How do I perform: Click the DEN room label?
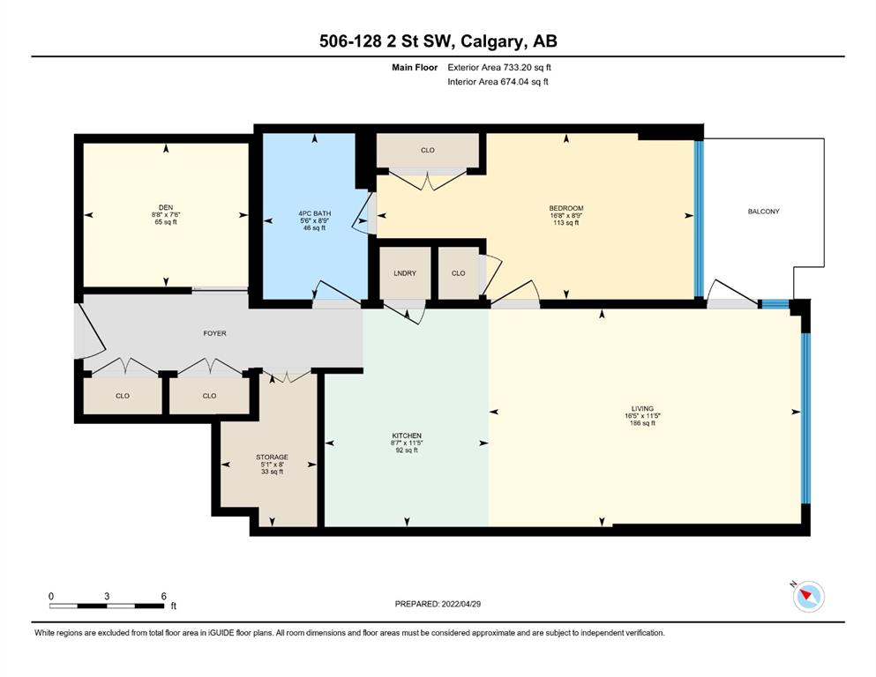166,208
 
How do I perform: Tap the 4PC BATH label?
315,213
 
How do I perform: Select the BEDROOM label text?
566,208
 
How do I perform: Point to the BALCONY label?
764,212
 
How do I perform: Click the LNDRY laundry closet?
405,273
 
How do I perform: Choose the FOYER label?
214,333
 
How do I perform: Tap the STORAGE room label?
272,458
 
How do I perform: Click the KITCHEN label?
407,435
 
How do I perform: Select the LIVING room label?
642,408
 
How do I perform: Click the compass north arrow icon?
808,596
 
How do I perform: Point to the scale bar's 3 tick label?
107,596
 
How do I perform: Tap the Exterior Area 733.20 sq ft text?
499,68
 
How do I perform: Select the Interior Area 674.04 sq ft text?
498,82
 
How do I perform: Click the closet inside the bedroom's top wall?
427,150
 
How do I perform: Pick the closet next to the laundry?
459,273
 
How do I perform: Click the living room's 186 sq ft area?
642,423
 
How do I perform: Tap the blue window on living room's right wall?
805,418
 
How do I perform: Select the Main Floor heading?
415,68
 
